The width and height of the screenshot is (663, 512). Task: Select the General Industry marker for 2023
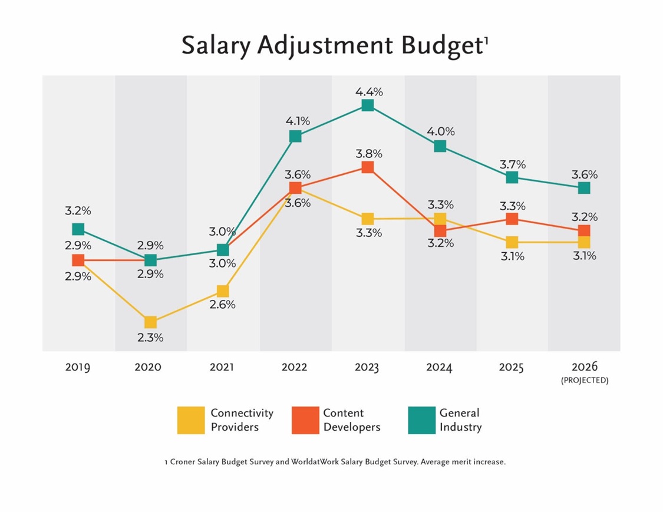367,105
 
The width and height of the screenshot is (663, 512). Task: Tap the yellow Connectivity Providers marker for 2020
150,322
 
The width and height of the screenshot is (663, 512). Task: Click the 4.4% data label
369,91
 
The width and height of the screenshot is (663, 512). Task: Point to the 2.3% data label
150,338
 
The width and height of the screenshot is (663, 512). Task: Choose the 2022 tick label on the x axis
294,367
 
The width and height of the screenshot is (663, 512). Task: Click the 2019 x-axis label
78,367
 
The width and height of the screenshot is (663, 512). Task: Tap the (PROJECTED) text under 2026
584,381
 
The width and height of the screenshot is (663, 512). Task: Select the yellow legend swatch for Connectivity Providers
191,420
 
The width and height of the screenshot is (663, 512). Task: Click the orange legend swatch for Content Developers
305,420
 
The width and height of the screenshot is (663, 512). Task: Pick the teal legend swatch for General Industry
421,420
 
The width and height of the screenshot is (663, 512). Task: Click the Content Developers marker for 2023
367,167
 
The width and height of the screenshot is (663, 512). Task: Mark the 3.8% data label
369,154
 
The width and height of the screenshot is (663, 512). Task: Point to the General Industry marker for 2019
78,229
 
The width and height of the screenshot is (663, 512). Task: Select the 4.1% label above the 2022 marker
296,121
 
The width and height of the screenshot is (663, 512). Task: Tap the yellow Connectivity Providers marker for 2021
222,291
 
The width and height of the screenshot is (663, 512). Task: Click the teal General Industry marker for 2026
584,188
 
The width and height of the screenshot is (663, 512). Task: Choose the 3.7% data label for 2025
513,164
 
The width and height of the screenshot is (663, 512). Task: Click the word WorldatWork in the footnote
315,462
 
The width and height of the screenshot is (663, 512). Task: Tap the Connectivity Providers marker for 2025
512,242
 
